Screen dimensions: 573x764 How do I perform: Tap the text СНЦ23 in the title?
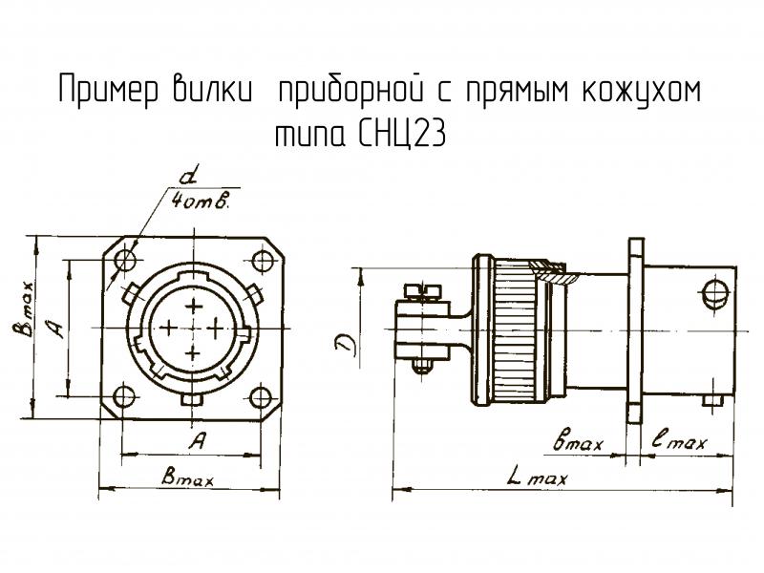pyautogui.click(x=401, y=136)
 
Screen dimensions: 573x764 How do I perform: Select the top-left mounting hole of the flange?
pyautogui.click(x=125, y=259)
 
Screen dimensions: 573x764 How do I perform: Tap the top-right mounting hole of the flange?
pyautogui.click(x=263, y=259)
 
